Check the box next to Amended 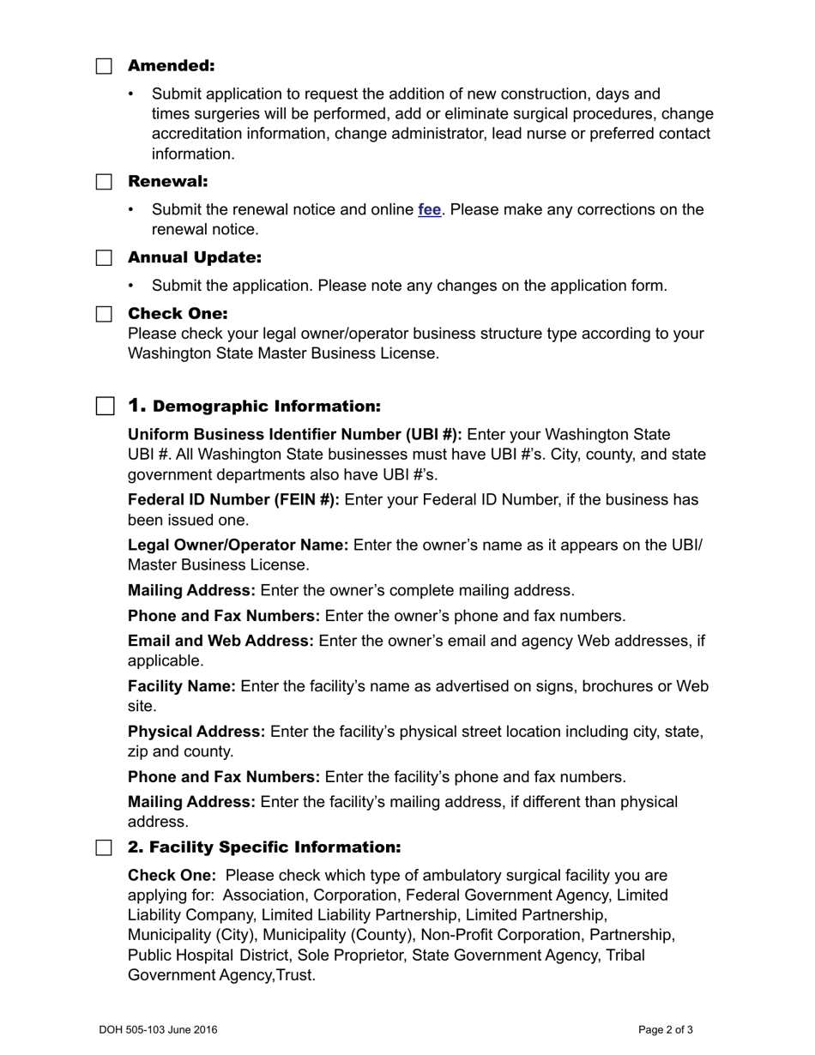tap(104, 66)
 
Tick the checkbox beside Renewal tap(104, 182)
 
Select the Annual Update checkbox tap(104, 258)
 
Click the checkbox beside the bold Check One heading tap(104, 314)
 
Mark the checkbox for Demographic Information tap(105, 406)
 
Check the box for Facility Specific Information tap(104, 847)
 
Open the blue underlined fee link tap(429, 210)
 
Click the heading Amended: tap(171, 66)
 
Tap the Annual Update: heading tap(194, 258)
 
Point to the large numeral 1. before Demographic tap(137, 406)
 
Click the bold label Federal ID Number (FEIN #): tap(233, 500)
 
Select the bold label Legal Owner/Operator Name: tap(238, 546)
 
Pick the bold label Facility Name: tap(181, 687)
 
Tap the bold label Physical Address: tap(196, 732)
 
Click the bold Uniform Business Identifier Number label tap(294, 435)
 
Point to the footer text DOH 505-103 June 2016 tap(158, 1030)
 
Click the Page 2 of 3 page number tap(666, 1030)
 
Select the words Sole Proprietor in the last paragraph tap(353, 956)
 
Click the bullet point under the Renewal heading tap(131, 210)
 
